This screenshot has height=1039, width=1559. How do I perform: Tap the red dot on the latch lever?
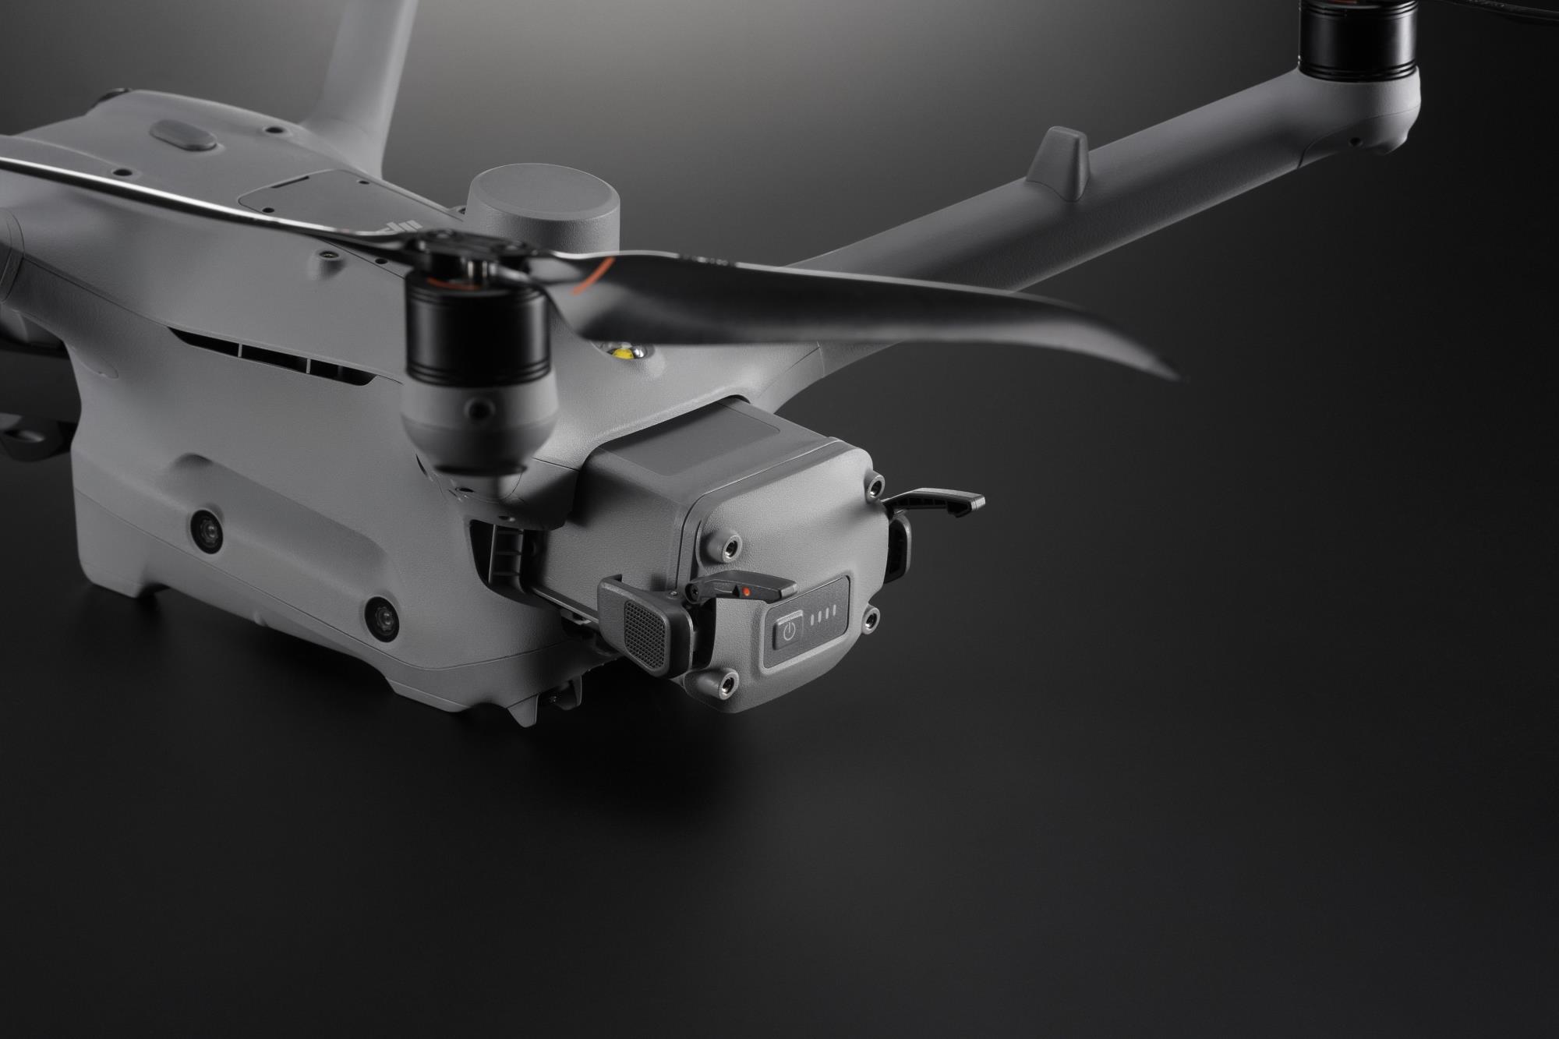click(x=747, y=592)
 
